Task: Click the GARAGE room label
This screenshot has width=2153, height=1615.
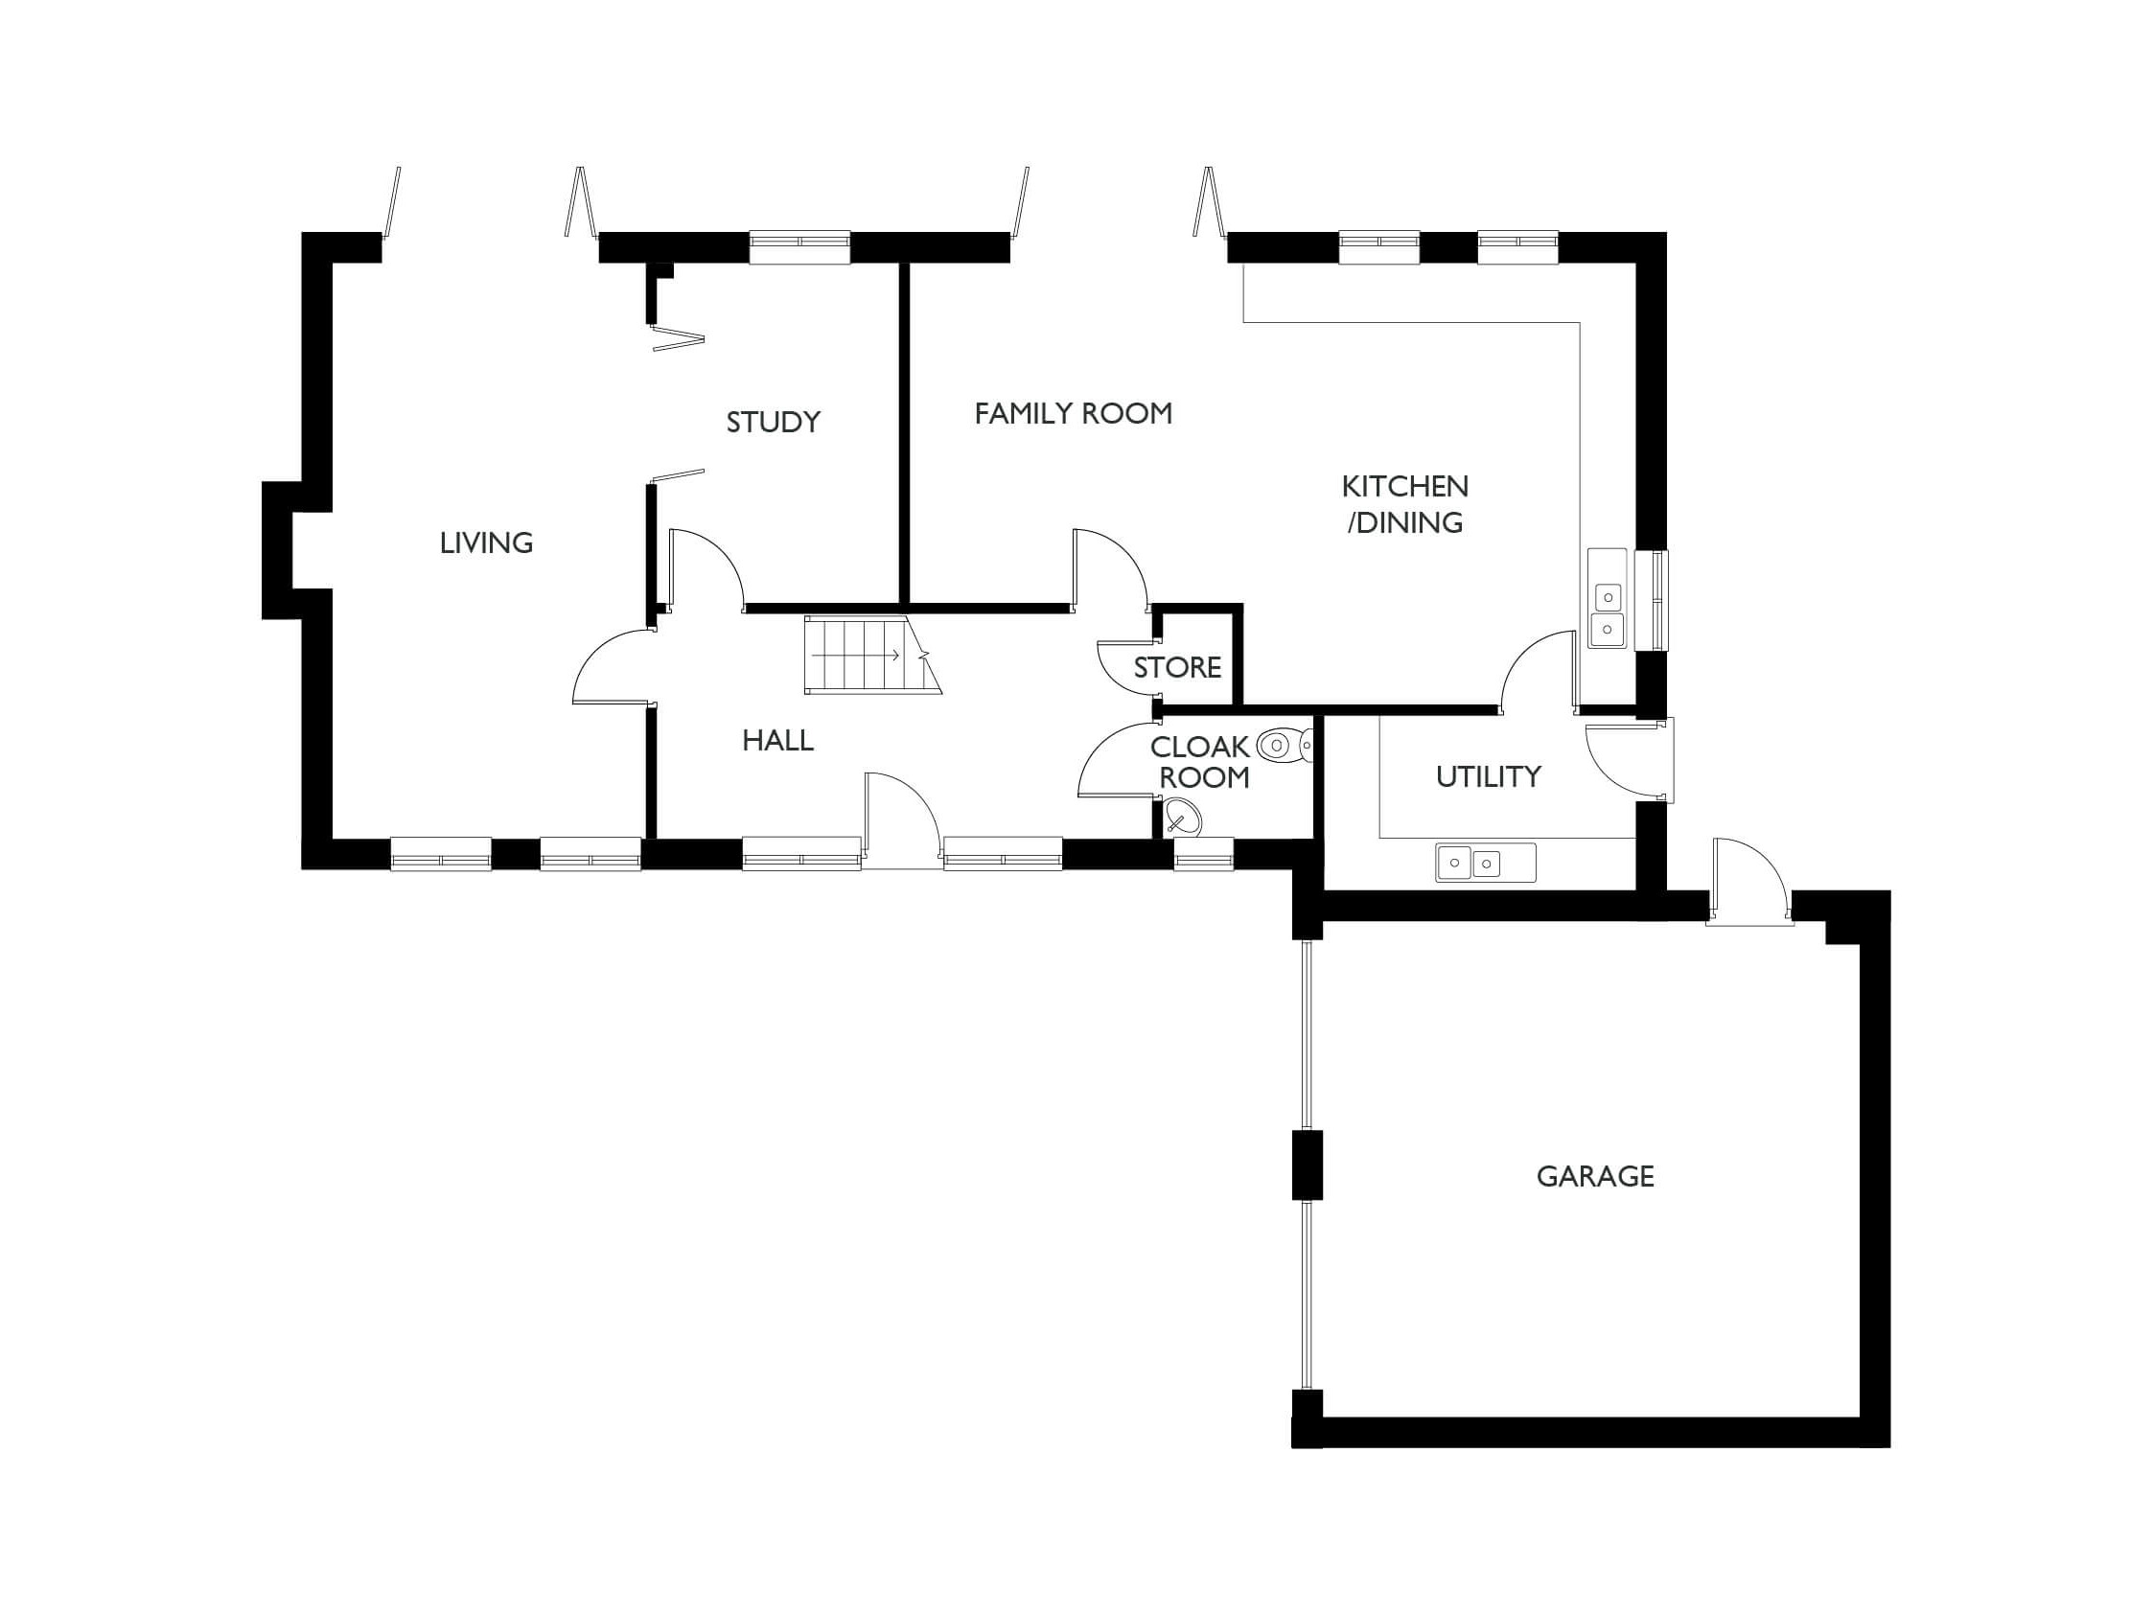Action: click(1594, 1176)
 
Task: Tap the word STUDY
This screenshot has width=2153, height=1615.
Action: click(773, 422)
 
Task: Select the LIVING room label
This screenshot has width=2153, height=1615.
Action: click(486, 542)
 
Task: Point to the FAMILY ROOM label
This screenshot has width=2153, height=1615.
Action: click(1073, 414)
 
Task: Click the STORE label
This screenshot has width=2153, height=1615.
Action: click(1177, 667)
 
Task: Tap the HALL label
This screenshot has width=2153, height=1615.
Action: click(777, 741)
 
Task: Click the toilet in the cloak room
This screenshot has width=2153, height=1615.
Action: click(1283, 747)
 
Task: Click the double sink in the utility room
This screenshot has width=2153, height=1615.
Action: click(1470, 863)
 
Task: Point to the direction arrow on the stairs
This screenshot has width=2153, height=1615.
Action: click(857, 656)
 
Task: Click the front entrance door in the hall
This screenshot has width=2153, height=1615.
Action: click(901, 818)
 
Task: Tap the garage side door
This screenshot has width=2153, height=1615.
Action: click(1750, 882)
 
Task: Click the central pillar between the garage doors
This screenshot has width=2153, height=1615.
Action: click(1307, 1165)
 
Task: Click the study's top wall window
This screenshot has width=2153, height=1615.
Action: click(799, 247)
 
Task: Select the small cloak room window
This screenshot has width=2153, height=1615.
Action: click(1203, 854)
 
